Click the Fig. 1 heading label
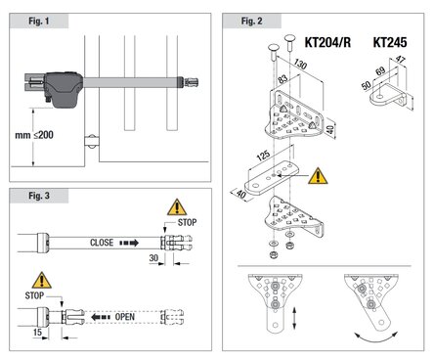[x=39, y=22]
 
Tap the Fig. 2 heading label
[x=251, y=22]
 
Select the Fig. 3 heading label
[x=39, y=196]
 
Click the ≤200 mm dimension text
[x=34, y=135]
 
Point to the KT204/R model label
[x=327, y=42]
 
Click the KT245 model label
[x=390, y=42]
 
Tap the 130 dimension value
[x=300, y=65]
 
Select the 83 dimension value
[x=282, y=79]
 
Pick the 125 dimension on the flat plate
[x=263, y=156]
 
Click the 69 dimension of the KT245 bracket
[x=380, y=71]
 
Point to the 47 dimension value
[x=400, y=60]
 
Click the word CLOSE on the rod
[x=102, y=243]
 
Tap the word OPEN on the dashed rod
[x=125, y=317]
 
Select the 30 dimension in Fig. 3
[x=153, y=258]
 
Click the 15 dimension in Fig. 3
[x=37, y=333]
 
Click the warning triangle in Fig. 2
[x=318, y=176]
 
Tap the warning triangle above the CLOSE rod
[x=177, y=207]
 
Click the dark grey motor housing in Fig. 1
[x=64, y=89]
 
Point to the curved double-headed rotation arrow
[x=376, y=338]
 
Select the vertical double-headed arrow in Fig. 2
[x=294, y=318]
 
